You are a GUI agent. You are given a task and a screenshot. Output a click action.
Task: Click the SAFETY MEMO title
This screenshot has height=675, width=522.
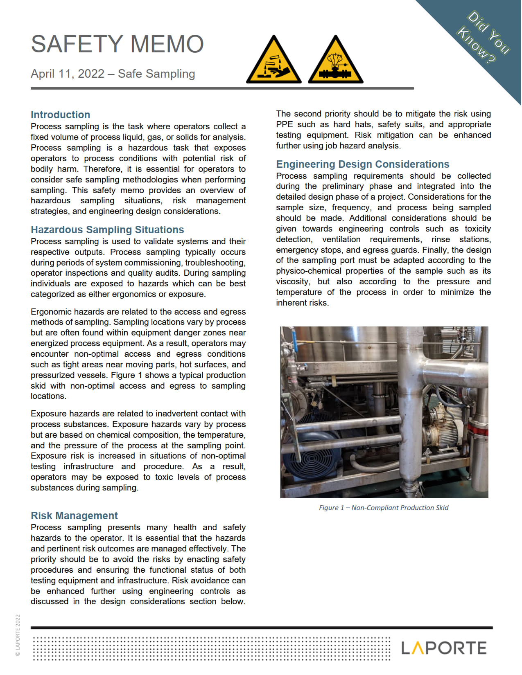coord(117,44)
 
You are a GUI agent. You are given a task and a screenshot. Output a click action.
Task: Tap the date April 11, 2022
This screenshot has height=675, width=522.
coord(68,74)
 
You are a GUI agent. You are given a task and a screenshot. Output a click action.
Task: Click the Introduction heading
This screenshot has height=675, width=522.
coord(60,115)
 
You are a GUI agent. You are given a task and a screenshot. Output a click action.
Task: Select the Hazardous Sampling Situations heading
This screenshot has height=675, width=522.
coord(107,229)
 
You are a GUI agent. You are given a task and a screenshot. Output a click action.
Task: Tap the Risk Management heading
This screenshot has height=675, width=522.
coord(74,515)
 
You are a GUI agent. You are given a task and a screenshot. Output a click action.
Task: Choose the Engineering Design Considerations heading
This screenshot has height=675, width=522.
coord(362,164)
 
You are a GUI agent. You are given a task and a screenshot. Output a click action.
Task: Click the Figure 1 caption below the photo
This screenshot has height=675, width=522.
coord(384,508)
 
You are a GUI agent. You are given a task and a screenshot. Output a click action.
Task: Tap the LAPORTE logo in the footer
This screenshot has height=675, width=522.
coord(444,648)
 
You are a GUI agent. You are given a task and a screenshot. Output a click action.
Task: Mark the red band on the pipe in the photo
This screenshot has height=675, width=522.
coord(477,429)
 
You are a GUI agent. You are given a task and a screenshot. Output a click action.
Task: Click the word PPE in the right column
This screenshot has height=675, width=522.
coord(284,124)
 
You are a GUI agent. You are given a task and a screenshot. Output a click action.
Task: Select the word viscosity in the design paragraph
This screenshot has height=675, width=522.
coord(292,281)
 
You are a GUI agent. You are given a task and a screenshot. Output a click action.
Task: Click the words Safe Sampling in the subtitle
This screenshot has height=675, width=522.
coord(156,74)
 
